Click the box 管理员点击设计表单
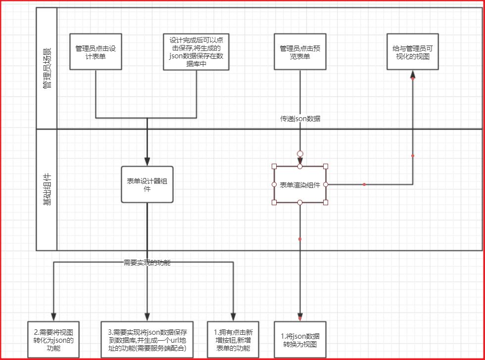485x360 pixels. (96, 51)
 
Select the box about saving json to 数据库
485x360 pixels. (196, 51)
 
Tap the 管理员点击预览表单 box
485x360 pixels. (299, 51)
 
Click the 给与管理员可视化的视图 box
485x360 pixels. (412, 51)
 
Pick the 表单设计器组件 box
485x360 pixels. (147, 184)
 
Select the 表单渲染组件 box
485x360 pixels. (299, 184)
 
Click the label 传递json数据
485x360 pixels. (300, 119)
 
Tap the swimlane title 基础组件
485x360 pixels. (47, 189)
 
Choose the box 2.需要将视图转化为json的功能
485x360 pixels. (53, 339)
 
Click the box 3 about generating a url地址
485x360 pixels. (147, 339)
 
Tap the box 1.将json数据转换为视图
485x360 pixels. (299, 339)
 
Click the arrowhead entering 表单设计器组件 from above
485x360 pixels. (147, 161)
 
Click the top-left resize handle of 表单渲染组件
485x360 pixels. (274, 167)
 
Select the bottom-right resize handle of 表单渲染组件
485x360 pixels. (326, 202)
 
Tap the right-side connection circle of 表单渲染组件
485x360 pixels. (326, 184)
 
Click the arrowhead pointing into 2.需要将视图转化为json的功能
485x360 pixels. (53, 316)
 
